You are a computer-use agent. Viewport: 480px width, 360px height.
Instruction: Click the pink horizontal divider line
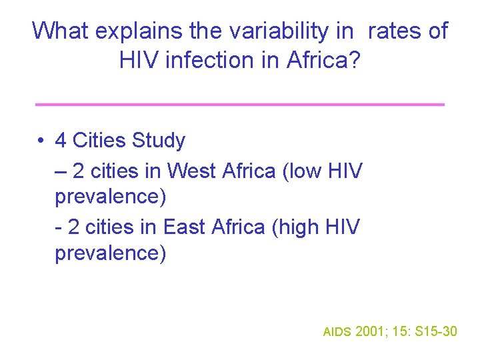[x=239, y=104]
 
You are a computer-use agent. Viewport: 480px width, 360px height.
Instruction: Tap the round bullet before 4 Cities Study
[x=41, y=141]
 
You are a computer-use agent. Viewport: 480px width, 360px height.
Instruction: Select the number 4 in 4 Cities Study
[x=61, y=141]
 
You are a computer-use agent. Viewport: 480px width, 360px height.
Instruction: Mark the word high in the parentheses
[x=301, y=228]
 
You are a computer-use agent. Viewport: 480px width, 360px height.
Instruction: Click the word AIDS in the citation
[x=337, y=331]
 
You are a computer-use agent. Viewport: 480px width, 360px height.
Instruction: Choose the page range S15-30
[x=436, y=331]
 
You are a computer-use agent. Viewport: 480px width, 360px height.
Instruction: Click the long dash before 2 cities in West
[x=61, y=172]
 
